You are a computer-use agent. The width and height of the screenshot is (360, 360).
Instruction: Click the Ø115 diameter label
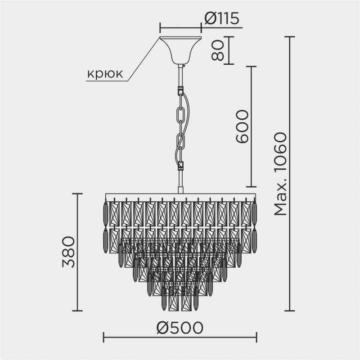click(x=222, y=18)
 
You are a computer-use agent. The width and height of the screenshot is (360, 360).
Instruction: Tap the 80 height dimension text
click(x=217, y=50)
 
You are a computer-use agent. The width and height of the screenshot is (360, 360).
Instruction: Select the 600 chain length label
click(x=242, y=127)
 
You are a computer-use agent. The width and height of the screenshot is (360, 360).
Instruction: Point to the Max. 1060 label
click(x=280, y=174)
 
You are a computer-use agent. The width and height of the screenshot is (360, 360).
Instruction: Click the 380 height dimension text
click(x=68, y=252)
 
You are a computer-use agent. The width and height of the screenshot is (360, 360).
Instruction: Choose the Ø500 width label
click(x=180, y=328)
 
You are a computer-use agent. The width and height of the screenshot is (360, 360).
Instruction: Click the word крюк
click(x=105, y=74)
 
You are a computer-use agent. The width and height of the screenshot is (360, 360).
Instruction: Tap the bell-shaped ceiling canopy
click(x=181, y=50)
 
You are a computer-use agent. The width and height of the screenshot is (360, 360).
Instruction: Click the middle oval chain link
click(x=180, y=117)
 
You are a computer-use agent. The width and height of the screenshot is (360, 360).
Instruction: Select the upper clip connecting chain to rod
click(x=180, y=90)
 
